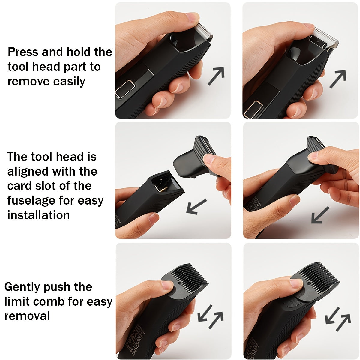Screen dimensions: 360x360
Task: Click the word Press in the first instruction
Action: [x=23, y=52]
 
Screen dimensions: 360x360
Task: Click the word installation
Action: [x=38, y=215]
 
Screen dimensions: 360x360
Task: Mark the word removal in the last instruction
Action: [x=27, y=316]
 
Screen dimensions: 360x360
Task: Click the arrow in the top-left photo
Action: [x=216, y=76]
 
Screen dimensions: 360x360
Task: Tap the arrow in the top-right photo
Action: [x=338, y=79]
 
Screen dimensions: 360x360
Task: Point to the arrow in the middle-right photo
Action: [x=320, y=215]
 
